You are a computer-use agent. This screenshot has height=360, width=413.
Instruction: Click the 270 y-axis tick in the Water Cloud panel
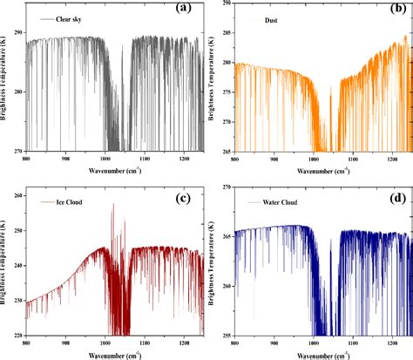[x=226, y=186]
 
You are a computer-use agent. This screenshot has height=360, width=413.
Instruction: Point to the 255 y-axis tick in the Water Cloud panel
[x=226, y=336]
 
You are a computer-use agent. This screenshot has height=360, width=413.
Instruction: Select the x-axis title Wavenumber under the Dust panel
[x=306, y=169]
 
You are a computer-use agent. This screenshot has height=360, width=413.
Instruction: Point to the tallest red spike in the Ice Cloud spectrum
[x=112, y=206]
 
